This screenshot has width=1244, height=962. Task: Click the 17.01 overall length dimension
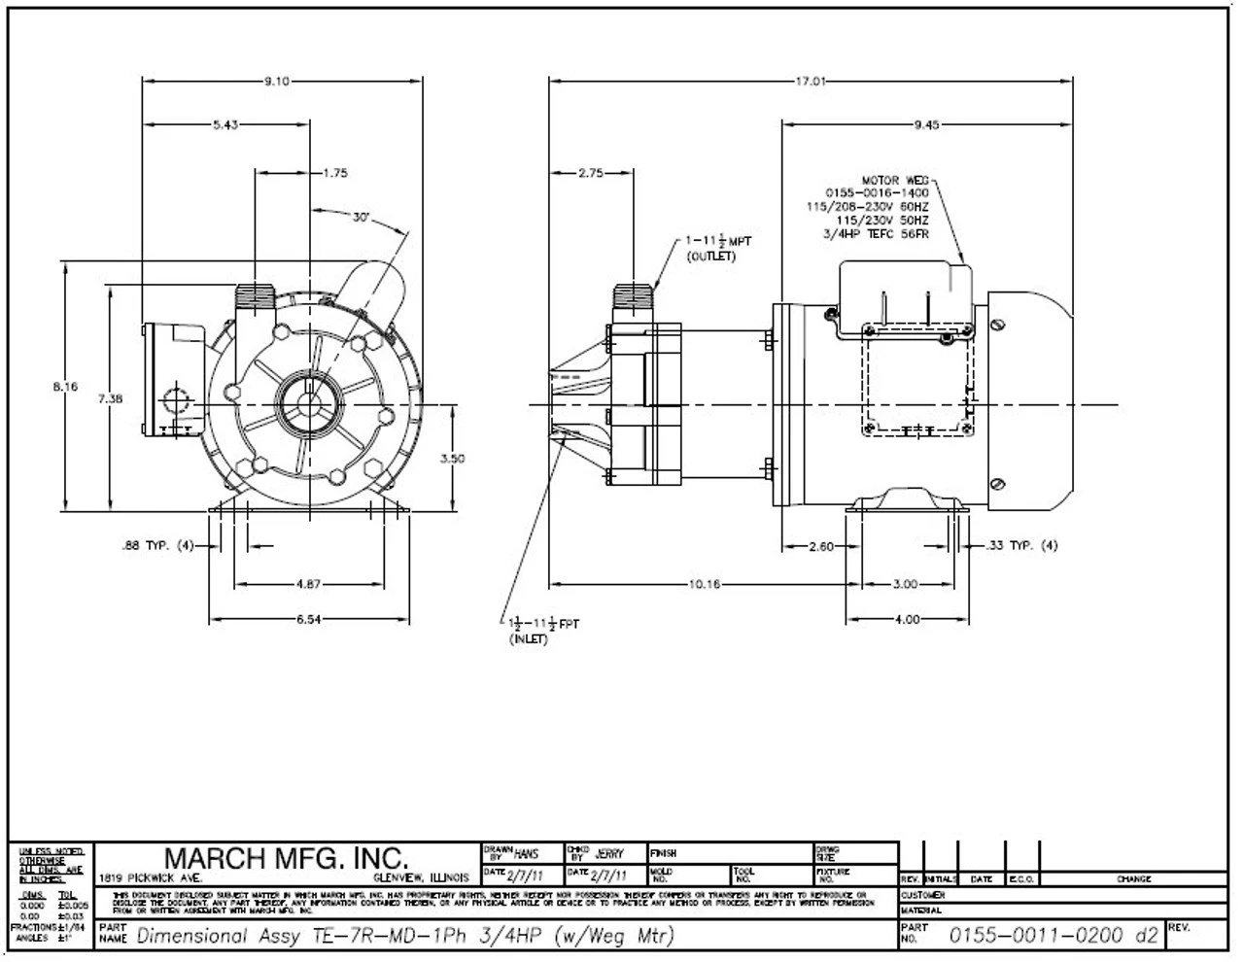(x=811, y=82)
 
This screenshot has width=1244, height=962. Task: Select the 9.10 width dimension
(x=277, y=82)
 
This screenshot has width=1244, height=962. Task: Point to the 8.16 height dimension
(x=65, y=387)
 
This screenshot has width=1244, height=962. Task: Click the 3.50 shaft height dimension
(x=453, y=459)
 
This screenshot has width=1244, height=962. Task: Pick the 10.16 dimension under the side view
(x=705, y=585)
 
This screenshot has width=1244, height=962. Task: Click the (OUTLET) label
(x=712, y=257)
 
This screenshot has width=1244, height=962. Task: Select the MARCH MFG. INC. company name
(x=285, y=858)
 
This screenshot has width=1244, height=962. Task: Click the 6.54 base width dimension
(x=308, y=620)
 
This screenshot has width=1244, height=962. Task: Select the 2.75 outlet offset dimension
(x=591, y=173)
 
